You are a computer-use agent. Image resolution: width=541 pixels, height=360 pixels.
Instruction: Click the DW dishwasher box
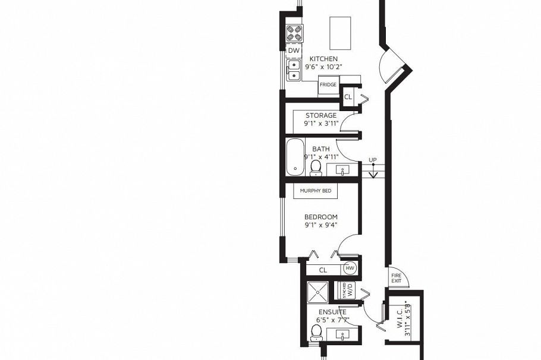pyautogui.click(x=294, y=50)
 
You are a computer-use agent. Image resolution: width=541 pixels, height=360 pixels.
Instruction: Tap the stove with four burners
pyautogui.click(x=294, y=33)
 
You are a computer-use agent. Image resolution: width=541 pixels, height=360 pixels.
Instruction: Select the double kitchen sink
pyautogui.click(x=294, y=70)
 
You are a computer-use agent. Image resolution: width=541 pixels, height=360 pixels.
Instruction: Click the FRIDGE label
pyautogui.click(x=328, y=85)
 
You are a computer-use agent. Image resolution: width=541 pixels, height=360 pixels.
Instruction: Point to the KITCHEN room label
pyautogui.click(x=323, y=59)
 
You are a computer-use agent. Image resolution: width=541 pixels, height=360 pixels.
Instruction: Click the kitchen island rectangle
pyautogui.click(x=340, y=29)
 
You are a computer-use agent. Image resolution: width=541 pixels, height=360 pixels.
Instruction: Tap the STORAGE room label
pyautogui.click(x=321, y=115)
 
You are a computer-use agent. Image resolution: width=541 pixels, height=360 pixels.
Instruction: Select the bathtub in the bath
pyautogui.click(x=295, y=157)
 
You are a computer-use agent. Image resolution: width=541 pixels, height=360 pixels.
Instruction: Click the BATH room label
pyautogui.click(x=321, y=149)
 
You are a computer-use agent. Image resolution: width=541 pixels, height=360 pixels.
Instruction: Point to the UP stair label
pyautogui.click(x=373, y=160)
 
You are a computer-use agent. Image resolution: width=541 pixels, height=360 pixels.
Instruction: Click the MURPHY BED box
pyautogui.click(x=316, y=191)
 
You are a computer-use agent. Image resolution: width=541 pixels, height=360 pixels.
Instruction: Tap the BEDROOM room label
pyautogui.click(x=321, y=217)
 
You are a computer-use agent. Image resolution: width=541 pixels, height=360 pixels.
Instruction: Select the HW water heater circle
pyautogui.click(x=350, y=269)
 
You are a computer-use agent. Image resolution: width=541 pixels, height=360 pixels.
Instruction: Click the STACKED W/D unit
pyautogui.click(x=348, y=290)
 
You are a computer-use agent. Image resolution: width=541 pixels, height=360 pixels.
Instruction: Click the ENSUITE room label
pyautogui.click(x=332, y=312)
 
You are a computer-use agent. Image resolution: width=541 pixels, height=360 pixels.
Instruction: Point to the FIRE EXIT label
pyautogui.click(x=396, y=277)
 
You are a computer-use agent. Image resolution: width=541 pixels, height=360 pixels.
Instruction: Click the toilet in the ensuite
pyautogui.click(x=317, y=331)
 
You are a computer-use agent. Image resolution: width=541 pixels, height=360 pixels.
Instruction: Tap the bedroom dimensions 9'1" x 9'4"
pyautogui.click(x=321, y=225)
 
